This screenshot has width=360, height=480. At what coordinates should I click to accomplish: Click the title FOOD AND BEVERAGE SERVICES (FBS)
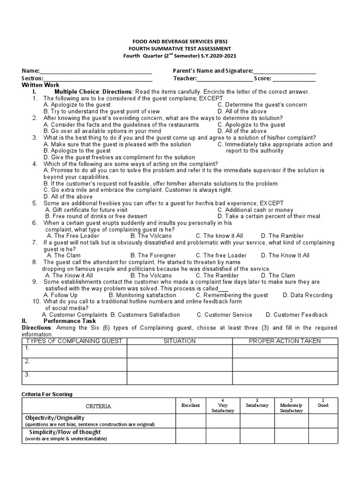click(x=180, y=41)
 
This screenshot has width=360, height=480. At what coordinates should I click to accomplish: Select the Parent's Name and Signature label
click(x=212, y=71)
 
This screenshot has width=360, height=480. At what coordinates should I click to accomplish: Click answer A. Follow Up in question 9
click(x=60, y=295)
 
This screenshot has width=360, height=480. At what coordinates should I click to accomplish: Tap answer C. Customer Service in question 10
click(x=225, y=315)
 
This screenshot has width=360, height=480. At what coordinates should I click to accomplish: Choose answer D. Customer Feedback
click(x=297, y=315)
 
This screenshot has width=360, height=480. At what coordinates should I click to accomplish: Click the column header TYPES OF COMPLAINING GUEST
click(x=74, y=341)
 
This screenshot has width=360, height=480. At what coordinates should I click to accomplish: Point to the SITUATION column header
click(x=180, y=341)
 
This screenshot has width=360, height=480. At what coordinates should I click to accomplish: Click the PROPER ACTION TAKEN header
click(x=285, y=341)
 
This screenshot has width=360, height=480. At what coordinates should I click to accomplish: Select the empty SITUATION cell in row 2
click(x=180, y=364)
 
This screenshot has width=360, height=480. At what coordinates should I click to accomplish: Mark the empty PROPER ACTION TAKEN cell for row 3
click(x=285, y=377)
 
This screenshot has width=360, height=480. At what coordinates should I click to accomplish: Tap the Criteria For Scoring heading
click(x=48, y=394)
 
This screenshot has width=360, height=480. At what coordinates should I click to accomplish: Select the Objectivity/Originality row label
click(x=55, y=418)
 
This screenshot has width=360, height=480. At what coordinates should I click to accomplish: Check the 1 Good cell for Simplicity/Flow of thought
click(x=322, y=435)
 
